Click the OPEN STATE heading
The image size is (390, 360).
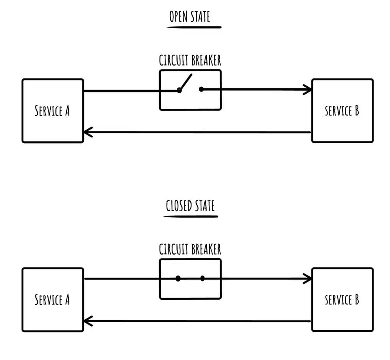click(x=189, y=17)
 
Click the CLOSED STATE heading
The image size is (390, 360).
click(x=190, y=205)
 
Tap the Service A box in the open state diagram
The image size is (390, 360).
click(x=52, y=111)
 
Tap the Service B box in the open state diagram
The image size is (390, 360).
click(x=342, y=111)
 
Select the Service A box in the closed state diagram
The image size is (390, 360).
click(x=52, y=300)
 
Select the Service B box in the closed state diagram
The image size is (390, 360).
click(x=342, y=300)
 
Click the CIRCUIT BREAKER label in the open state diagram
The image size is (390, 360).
click(x=190, y=60)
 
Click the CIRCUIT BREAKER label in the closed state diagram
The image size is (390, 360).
click(x=190, y=249)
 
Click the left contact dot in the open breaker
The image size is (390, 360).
click(x=179, y=90)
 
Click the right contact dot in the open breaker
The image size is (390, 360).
click(x=201, y=89)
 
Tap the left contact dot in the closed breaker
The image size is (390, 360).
click(x=178, y=278)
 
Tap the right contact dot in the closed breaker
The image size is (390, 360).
click(x=202, y=278)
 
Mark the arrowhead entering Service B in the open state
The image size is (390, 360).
click(x=309, y=90)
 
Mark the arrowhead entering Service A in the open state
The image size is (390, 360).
click(x=87, y=132)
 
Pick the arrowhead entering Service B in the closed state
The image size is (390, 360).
click(x=309, y=278)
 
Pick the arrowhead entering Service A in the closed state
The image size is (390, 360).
click(x=87, y=321)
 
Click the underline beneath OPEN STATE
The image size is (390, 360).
click(x=194, y=27)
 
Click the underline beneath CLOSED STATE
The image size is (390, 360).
click(x=191, y=215)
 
